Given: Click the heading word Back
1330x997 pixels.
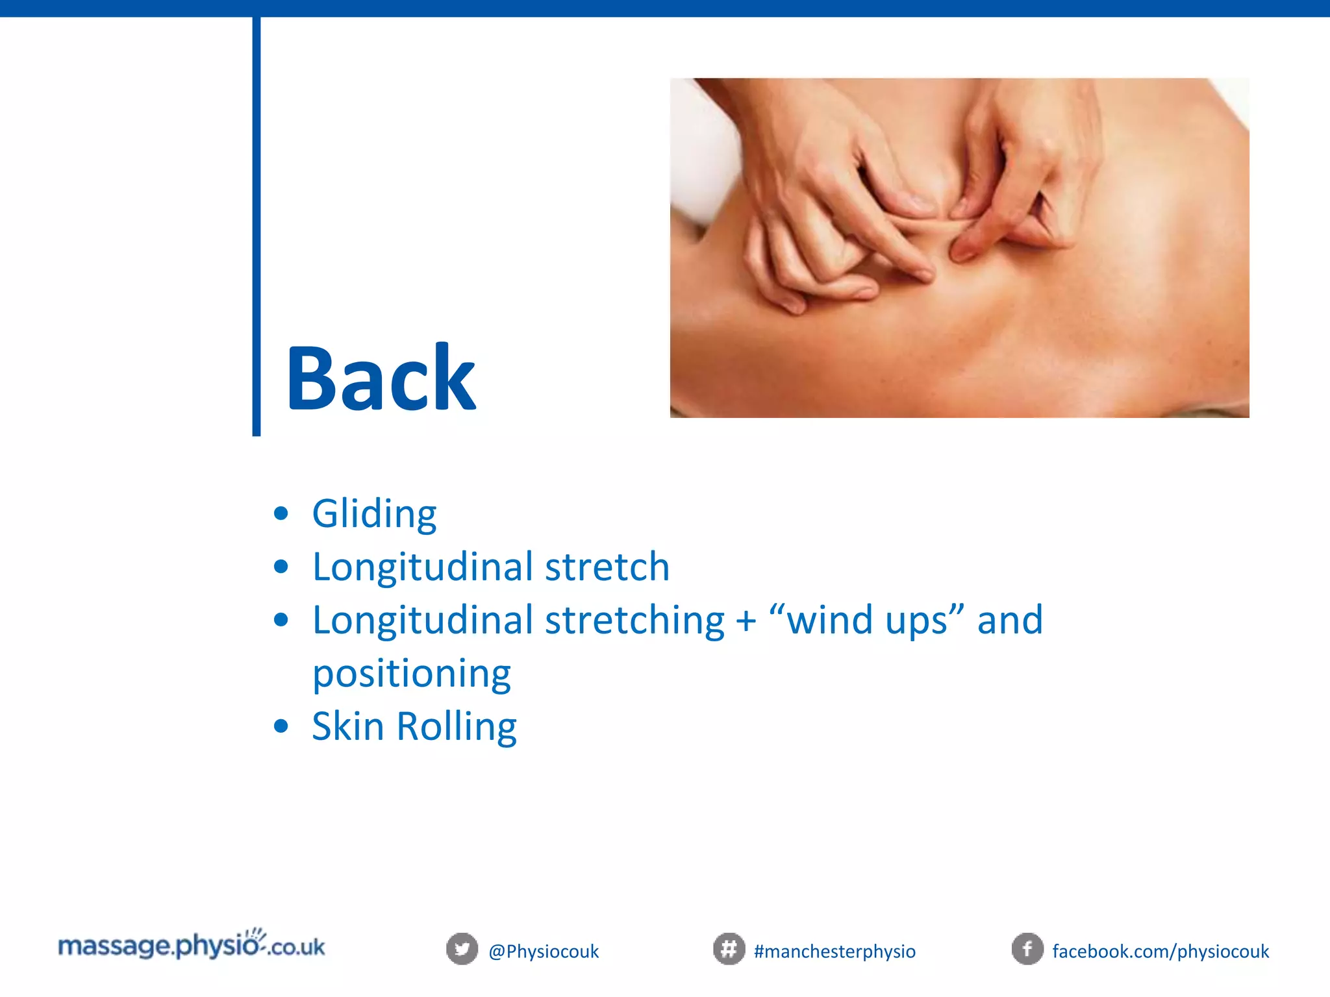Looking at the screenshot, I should pyautogui.click(x=381, y=379).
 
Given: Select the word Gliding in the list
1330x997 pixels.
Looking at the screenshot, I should pyautogui.click(x=374, y=514).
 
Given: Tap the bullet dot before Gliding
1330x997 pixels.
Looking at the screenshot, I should pyautogui.click(x=281, y=514).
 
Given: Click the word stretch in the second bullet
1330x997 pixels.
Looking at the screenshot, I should pyautogui.click(x=607, y=567).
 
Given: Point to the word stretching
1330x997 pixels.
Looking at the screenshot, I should pyautogui.click(x=634, y=620).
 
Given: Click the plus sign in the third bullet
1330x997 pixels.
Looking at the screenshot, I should pyautogui.click(x=746, y=621).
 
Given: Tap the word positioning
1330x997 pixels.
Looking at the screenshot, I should pyautogui.click(x=412, y=674).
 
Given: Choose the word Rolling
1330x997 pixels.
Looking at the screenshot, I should pyautogui.click(x=457, y=727).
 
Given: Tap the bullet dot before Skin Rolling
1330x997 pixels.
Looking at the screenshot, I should pyautogui.click(x=281, y=726).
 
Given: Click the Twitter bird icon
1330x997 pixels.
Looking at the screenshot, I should pyautogui.click(x=462, y=949).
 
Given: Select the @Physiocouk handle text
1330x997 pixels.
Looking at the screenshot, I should pyautogui.click(x=544, y=952).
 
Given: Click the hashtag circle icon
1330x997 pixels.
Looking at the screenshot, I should pyautogui.click(x=729, y=949).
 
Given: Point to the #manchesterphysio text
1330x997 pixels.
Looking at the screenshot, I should pyautogui.click(x=834, y=952).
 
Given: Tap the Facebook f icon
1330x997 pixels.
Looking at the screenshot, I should pyautogui.click(x=1027, y=949).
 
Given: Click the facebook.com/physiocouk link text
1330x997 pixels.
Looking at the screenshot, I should pyautogui.click(x=1161, y=952).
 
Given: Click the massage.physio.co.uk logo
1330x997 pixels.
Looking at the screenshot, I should pyautogui.click(x=192, y=945).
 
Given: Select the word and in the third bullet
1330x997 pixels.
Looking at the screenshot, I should pyautogui.click(x=1010, y=620).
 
